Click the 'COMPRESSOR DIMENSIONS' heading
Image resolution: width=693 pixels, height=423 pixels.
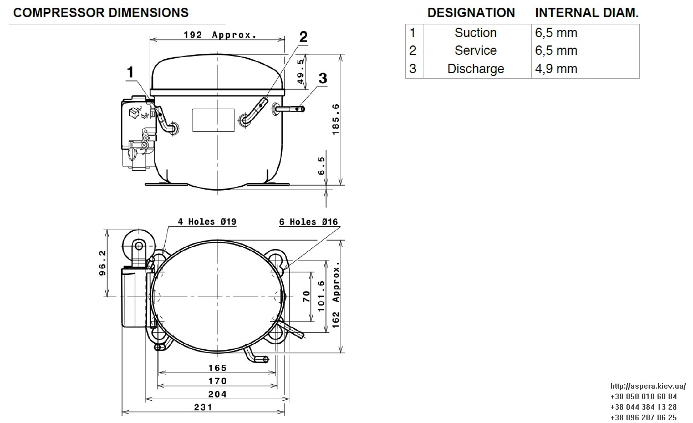pyautogui.click(x=101, y=13)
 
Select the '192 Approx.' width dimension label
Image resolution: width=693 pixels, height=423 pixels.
pyautogui.click(x=220, y=35)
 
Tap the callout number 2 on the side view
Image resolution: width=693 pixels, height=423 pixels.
pyautogui.click(x=303, y=37)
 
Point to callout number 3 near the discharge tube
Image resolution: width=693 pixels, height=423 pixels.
pyautogui.click(x=323, y=78)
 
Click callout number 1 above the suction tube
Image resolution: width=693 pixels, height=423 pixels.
pyautogui.click(x=130, y=73)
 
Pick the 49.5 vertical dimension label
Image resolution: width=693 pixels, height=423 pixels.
pyautogui.click(x=300, y=72)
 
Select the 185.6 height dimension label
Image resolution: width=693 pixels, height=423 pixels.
pyautogui.click(x=335, y=119)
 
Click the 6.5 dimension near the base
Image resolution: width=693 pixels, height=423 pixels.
pyautogui.click(x=322, y=166)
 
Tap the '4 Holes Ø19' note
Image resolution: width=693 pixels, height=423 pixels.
pyautogui.click(x=207, y=222)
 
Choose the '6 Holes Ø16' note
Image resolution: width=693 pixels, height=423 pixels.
pyautogui.click(x=308, y=222)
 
